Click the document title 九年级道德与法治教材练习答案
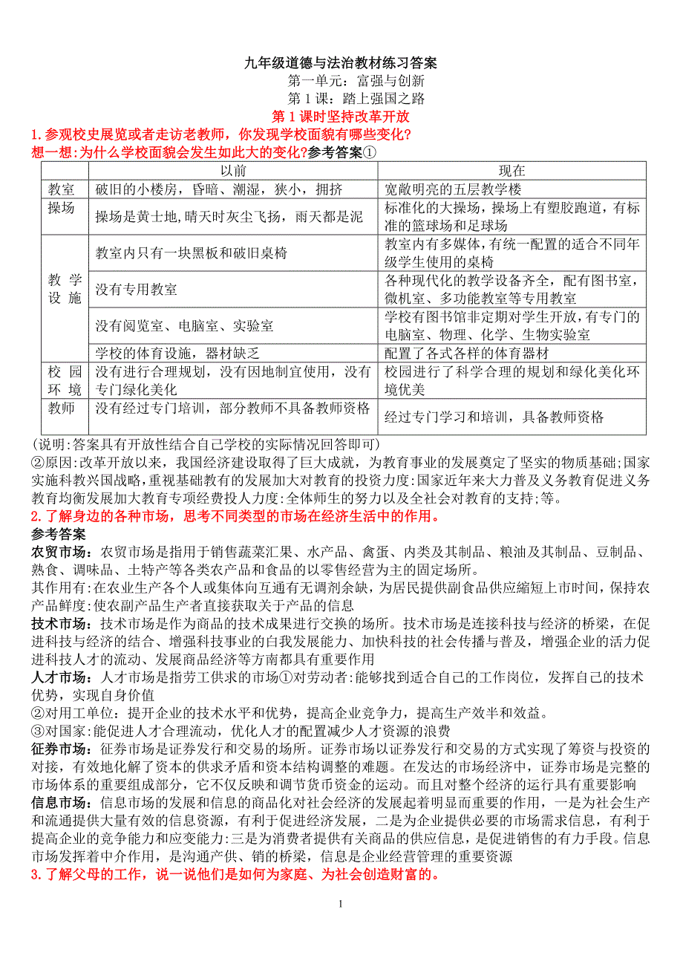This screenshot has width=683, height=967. [x=341, y=64]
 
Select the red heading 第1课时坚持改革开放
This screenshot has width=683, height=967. [x=341, y=117]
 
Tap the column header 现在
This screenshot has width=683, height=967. [x=512, y=171]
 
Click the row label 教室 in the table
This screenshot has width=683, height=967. [x=62, y=189]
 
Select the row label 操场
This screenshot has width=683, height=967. [x=62, y=208]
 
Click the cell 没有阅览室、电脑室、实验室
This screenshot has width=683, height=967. [x=184, y=325]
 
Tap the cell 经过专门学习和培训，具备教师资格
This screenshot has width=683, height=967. [x=494, y=417]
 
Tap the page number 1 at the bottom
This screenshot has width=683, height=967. [x=341, y=904]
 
